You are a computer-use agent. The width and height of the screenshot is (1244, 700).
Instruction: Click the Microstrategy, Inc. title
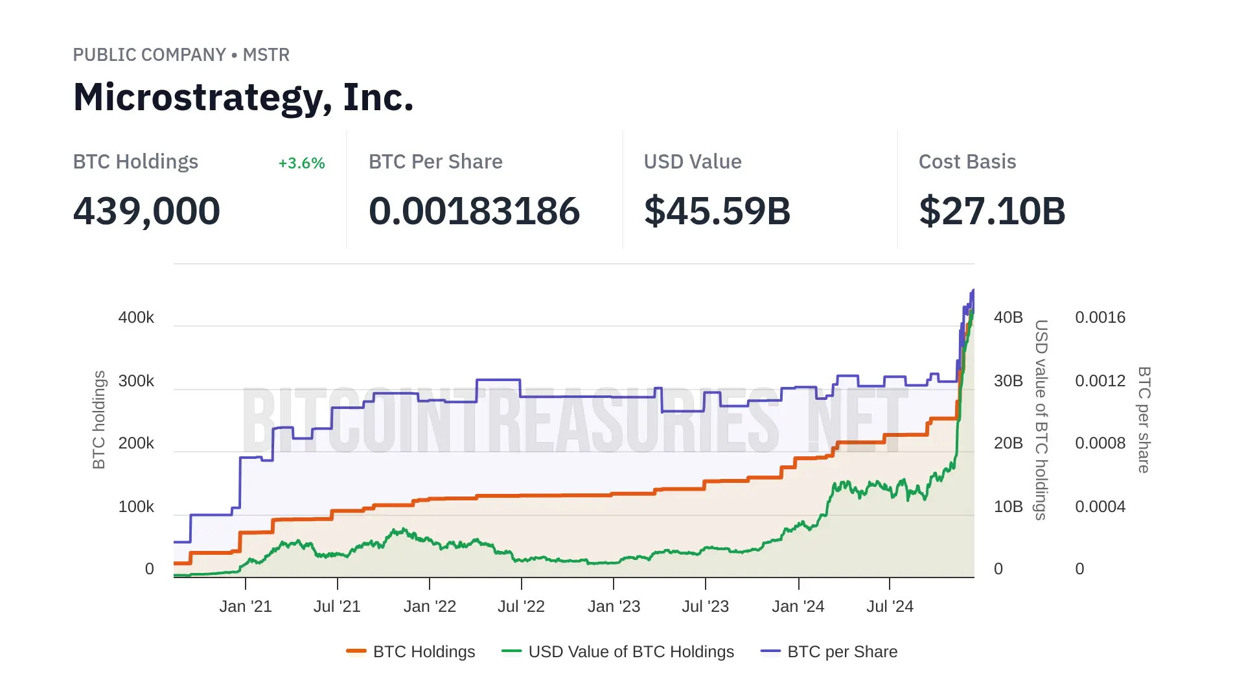243,97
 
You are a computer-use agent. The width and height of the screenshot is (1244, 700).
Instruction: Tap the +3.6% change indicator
301,163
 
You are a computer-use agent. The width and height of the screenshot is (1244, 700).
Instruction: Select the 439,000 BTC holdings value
146,211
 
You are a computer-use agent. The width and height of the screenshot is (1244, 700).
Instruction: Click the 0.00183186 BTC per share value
474,211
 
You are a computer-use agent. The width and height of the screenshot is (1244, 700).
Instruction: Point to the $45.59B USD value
717,211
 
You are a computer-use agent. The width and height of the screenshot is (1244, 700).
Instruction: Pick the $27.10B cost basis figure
992,211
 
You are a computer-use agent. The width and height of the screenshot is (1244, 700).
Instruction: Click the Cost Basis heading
967,162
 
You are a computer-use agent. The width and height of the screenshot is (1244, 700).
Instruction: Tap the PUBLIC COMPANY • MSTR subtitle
181,55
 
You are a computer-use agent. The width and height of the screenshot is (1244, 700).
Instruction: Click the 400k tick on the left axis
136,318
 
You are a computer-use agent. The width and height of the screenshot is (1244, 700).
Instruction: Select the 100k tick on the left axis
136,507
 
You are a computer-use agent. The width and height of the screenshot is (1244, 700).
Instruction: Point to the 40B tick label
1008,318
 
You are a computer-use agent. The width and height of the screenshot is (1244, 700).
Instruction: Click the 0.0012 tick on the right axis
1100,381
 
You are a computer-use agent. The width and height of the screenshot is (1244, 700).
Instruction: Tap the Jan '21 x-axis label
246,607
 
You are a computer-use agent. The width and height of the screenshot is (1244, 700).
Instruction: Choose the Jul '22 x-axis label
521,607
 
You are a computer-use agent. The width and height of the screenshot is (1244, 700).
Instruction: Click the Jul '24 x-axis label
890,607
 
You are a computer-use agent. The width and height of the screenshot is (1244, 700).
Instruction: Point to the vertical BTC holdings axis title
98,419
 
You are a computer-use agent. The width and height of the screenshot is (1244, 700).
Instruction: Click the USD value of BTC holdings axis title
1041,419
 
